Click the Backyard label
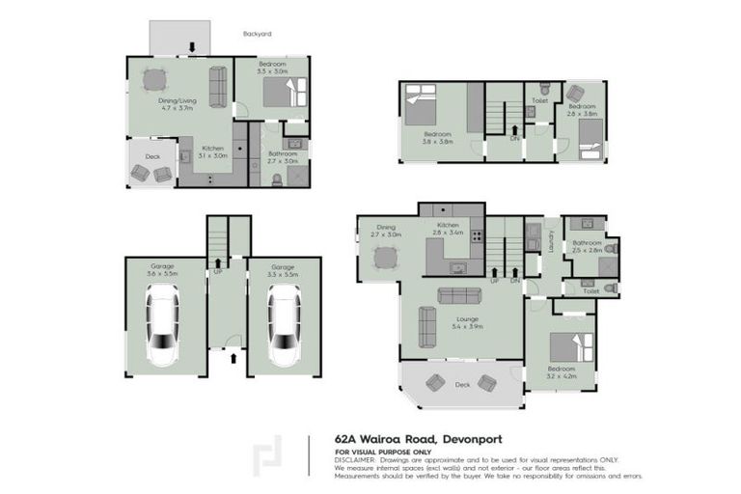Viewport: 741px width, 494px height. tap(258, 34)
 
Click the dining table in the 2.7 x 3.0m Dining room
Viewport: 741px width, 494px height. tap(385, 258)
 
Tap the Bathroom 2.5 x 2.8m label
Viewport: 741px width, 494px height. tap(587, 247)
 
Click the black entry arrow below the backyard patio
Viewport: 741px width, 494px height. tap(192, 46)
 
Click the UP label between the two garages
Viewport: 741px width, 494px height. tap(217, 273)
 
